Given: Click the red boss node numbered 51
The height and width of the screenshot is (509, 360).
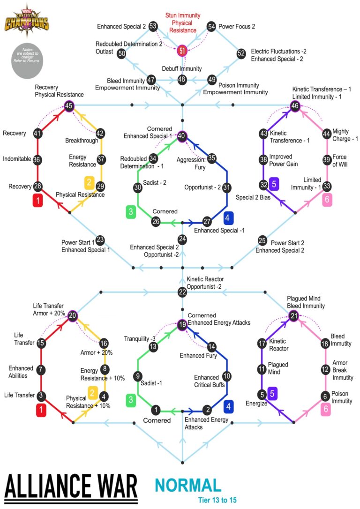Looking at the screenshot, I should tap(182, 50).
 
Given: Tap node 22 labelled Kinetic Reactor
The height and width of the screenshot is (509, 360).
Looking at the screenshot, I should tap(182, 292).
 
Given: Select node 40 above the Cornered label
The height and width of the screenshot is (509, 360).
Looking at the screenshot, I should tap(182, 136).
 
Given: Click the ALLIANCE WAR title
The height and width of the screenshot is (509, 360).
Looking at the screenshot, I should tap(71, 487).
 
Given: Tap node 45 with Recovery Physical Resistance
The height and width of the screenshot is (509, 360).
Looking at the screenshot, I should tap(69, 106).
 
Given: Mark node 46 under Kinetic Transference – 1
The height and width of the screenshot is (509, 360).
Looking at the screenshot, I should tap(295, 106).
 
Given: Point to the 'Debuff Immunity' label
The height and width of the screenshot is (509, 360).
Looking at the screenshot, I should tap(182, 68).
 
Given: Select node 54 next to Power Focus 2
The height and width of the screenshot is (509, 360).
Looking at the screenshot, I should tap(211, 27).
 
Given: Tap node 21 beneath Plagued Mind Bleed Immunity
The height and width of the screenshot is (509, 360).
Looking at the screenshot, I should tap(293, 316).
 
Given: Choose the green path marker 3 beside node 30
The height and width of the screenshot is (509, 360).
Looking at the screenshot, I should tap(131, 212).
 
